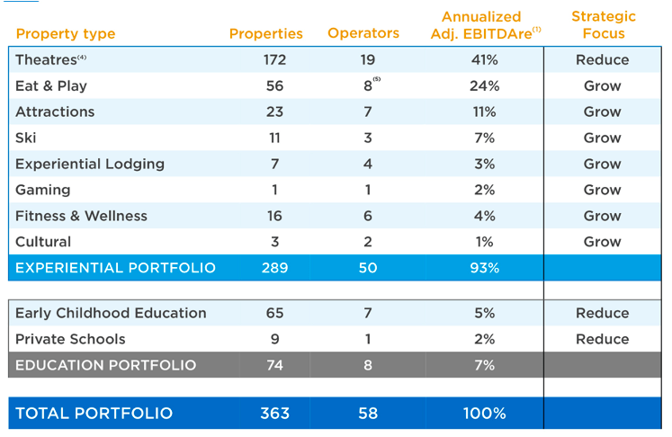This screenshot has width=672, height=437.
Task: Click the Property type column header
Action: tap(66, 34)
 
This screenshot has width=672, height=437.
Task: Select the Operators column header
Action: tap(363, 33)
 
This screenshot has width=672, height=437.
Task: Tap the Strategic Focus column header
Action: tap(603, 25)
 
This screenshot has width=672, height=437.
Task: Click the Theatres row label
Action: tap(49, 60)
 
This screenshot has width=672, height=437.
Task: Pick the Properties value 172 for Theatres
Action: tap(274, 60)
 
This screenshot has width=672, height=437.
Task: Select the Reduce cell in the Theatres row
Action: tap(603, 60)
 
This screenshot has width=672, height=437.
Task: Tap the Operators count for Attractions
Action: tap(367, 112)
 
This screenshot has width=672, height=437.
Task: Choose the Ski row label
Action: tap(26, 138)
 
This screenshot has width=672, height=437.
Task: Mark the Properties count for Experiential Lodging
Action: tap(274, 165)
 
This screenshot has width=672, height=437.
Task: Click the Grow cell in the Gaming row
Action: tap(603, 191)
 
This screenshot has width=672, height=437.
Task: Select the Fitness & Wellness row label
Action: tap(81, 217)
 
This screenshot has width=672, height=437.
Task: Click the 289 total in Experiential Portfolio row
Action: tap(274, 269)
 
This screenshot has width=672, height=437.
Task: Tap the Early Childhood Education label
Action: tap(111, 313)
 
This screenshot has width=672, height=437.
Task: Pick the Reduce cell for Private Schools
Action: tap(603, 339)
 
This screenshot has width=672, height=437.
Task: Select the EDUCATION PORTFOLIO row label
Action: tap(105, 365)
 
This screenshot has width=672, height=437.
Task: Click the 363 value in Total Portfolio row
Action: tap(274, 414)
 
